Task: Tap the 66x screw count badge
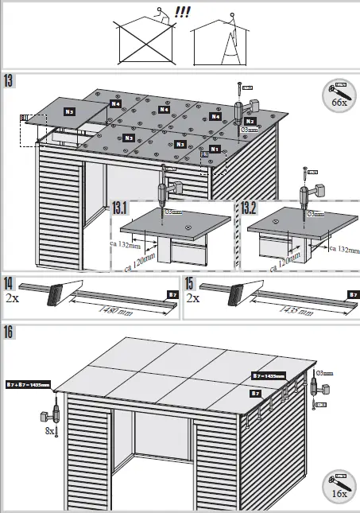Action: coord(339,95)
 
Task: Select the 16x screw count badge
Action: coord(339,485)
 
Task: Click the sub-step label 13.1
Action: coord(121,208)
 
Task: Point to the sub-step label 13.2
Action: coord(250,208)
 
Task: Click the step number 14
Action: coord(9,284)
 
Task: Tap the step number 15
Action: coord(190,284)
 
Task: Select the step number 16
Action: coord(10,332)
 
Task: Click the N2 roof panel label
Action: coord(249,121)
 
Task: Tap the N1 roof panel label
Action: coord(215,149)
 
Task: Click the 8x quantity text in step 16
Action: coord(49,430)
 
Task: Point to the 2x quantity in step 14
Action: coord(11,300)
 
